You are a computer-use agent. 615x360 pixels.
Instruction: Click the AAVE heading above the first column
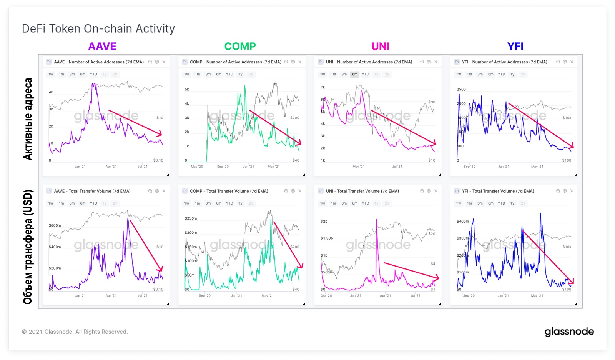[102, 46]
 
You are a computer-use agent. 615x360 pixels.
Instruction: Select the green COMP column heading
[240, 46]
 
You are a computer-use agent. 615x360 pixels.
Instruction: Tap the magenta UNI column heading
[380, 46]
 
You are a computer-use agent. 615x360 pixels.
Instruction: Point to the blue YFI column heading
[515, 46]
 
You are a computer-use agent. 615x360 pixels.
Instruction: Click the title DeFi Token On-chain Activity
[98, 28]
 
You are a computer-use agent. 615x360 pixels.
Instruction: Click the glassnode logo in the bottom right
[569, 332]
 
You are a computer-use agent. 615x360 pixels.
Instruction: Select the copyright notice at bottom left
[75, 332]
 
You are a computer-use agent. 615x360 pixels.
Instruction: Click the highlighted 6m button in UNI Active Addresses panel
[355, 74]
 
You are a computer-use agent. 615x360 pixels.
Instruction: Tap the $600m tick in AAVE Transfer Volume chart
[55, 225]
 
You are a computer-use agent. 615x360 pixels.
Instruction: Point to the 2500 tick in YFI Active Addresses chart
[461, 89]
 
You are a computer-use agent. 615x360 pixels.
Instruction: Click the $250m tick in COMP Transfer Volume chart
[191, 218]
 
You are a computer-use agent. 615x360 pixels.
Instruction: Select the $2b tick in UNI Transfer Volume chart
[324, 222]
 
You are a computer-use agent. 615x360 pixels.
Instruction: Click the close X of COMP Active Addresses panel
[300, 62]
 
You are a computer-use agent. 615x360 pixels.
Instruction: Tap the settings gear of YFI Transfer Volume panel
[565, 191]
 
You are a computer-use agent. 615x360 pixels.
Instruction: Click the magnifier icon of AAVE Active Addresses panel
[150, 62]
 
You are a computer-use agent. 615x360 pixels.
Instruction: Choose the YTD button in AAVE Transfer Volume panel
[93, 203]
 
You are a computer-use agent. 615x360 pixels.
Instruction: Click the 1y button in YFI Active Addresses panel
[512, 74]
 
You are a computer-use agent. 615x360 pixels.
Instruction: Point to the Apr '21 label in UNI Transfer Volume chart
[385, 296]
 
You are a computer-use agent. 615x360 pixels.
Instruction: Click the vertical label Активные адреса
[28, 119]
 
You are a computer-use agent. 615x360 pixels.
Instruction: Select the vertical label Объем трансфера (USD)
[28, 247]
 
